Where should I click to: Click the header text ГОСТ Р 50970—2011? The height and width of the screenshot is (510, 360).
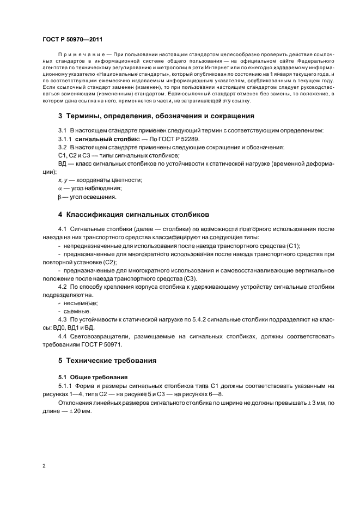[x=72, y=40]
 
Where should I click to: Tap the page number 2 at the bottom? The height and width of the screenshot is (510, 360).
[x=44, y=466]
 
